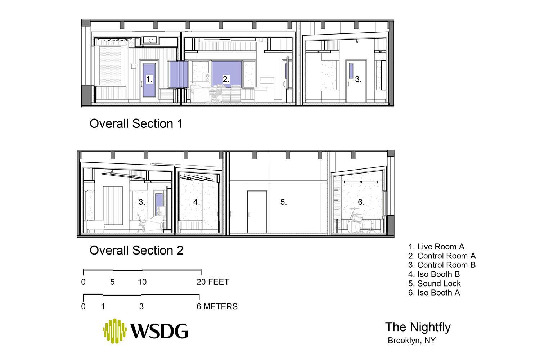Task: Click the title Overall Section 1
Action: pyautogui.click(x=136, y=124)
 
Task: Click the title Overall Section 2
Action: pyautogui.click(x=136, y=250)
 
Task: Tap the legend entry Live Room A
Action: pyautogui.click(x=436, y=247)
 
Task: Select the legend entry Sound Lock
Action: pyautogui.click(x=435, y=284)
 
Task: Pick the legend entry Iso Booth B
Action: pyautogui.click(x=434, y=274)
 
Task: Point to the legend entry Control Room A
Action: pyautogui.click(x=442, y=256)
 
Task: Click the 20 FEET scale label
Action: pyautogui.click(x=213, y=282)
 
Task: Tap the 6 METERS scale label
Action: pyautogui.click(x=217, y=306)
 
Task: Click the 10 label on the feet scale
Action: pyautogui.click(x=142, y=282)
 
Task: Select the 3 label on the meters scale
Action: pyautogui.click(x=141, y=306)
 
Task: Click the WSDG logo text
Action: pyautogui.click(x=159, y=331)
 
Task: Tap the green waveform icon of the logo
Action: pyautogui.click(x=115, y=331)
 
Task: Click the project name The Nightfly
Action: pyautogui.click(x=418, y=327)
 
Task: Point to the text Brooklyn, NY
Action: pyautogui.click(x=412, y=341)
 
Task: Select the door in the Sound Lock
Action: pyautogui.click(x=257, y=212)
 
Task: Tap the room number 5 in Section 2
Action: pyautogui.click(x=284, y=202)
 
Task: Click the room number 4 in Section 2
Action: pyautogui.click(x=197, y=202)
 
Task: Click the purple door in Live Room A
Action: pyautogui.click(x=149, y=80)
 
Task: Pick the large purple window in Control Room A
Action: pyautogui.click(x=226, y=74)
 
